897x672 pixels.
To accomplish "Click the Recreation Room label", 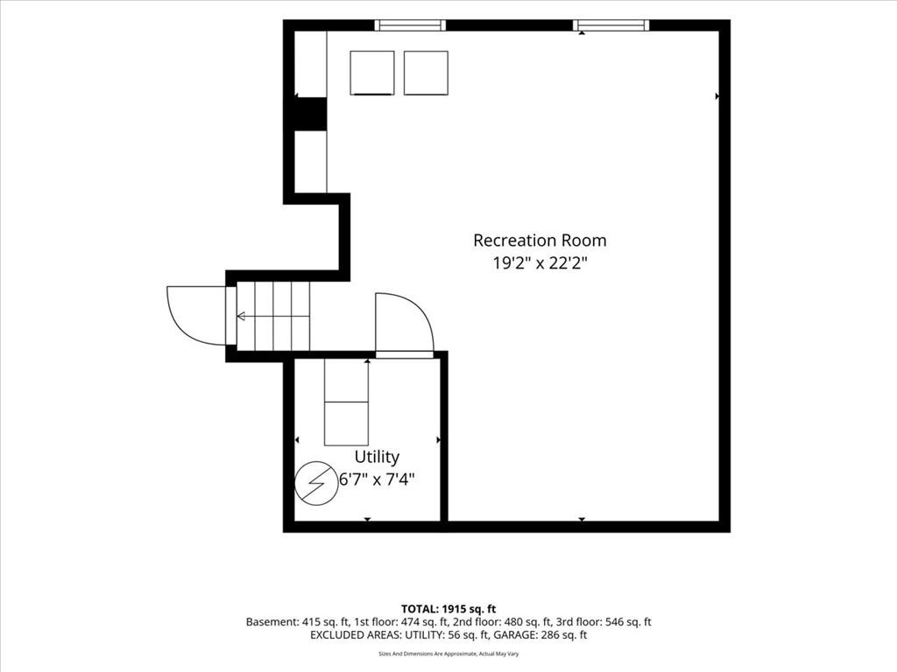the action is click(540, 240).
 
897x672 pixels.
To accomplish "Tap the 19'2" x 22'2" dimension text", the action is click(540, 263).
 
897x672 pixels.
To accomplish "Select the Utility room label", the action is click(377, 457).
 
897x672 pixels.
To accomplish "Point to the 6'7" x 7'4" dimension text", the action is click(377, 479).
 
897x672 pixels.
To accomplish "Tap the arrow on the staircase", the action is click(273, 316).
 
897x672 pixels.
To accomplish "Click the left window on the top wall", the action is click(410, 25).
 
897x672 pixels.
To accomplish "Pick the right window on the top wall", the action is click(611, 25).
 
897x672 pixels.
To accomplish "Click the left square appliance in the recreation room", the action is click(371, 73).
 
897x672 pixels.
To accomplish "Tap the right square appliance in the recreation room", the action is click(426, 73).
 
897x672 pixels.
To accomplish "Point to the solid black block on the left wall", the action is click(310, 114).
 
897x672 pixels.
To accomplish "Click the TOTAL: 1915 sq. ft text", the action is click(448, 609).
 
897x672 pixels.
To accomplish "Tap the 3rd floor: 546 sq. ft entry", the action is click(604, 622).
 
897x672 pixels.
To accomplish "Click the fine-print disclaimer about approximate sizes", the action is click(448, 654).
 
